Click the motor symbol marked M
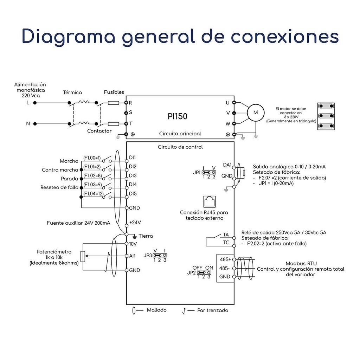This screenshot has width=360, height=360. (256, 112)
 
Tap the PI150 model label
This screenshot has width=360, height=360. (178, 116)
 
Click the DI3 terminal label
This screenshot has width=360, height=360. (133, 175)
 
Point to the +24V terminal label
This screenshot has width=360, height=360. (135, 222)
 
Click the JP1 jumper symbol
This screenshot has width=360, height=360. (208, 173)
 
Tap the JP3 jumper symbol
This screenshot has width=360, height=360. (159, 256)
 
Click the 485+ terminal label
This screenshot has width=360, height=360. (225, 259)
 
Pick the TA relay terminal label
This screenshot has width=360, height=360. (226, 234)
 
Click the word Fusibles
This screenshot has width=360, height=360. (114, 92)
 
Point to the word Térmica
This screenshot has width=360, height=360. (72, 93)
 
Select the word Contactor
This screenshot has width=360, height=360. (99, 131)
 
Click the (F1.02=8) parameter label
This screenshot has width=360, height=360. (92, 175)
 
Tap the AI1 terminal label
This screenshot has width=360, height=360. (133, 256)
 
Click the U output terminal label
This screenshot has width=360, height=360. (228, 103)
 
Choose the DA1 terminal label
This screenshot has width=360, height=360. (227, 165)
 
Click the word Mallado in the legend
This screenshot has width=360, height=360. (157, 310)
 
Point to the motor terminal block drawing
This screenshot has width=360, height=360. (326, 116)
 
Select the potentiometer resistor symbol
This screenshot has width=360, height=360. (83, 256)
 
